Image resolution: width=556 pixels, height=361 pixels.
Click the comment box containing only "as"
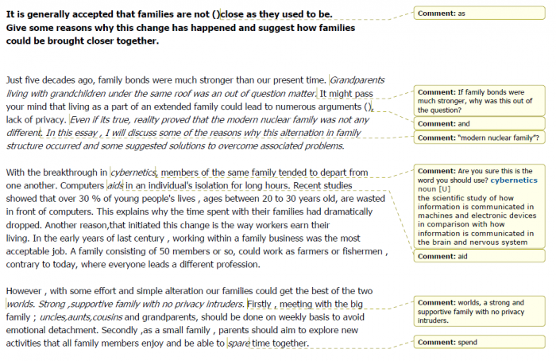tap(479, 14)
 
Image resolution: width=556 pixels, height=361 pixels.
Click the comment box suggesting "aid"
tap(479, 256)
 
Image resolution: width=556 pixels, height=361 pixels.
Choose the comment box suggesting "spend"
tap(479, 342)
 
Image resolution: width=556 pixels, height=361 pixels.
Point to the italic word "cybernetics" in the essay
tap(133, 172)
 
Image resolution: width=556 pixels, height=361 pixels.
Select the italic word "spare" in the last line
tap(238, 344)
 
